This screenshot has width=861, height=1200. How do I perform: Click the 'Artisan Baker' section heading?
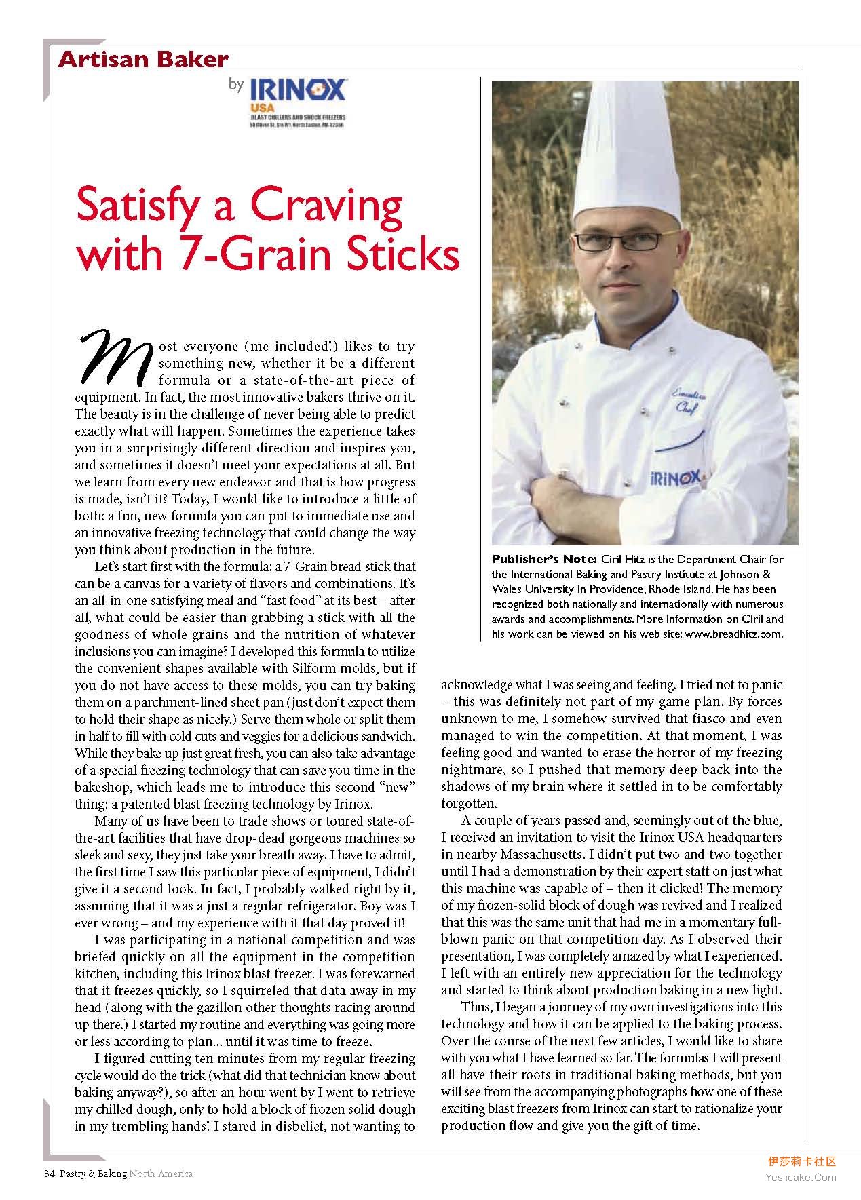[x=142, y=60]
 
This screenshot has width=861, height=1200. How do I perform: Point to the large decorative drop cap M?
[x=116, y=354]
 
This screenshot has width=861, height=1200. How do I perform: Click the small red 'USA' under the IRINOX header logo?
[x=259, y=107]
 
